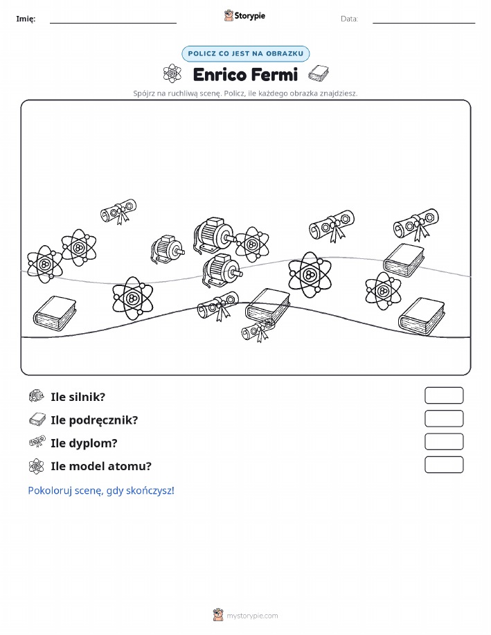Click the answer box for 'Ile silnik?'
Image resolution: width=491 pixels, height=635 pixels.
(x=444, y=395)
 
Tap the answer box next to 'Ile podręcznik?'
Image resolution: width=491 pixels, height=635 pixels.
(x=444, y=418)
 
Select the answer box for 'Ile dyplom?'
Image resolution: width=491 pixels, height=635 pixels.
(x=444, y=441)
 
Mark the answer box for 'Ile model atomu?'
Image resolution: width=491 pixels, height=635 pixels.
(x=444, y=465)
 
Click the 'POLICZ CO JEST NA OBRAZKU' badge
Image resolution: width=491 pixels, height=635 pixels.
(x=245, y=53)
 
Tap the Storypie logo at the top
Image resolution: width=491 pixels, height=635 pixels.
(x=244, y=16)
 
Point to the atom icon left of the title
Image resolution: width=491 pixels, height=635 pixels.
(x=172, y=73)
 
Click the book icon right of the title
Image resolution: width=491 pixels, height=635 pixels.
(x=319, y=73)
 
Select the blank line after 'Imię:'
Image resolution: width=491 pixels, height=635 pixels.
(x=113, y=23)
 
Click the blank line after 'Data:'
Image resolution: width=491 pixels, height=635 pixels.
(x=424, y=23)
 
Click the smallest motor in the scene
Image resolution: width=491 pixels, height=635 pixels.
(x=168, y=250)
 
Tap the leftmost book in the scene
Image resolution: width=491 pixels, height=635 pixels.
(x=55, y=312)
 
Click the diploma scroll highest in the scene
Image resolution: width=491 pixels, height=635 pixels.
(x=118, y=211)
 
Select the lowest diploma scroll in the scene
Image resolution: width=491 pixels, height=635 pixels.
(x=258, y=330)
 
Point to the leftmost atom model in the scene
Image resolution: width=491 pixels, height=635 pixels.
(x=44, y=265)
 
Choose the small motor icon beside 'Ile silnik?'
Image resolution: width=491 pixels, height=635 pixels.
(x=37, y=395)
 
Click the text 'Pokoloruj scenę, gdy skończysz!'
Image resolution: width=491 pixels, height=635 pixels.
(x=101, y=490)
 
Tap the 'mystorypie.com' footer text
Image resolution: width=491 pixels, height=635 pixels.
(x=252, y=616)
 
